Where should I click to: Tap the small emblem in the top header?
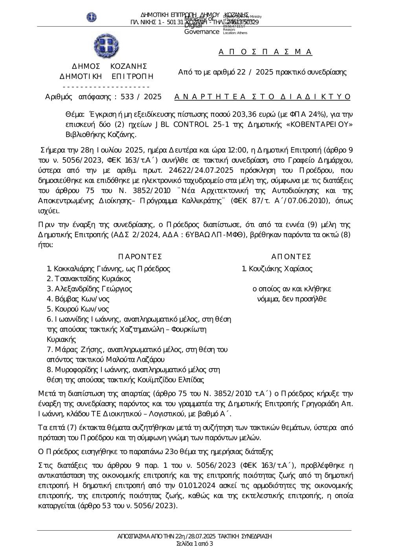coord(92,17)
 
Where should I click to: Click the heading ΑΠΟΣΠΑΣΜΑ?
coord(265,52)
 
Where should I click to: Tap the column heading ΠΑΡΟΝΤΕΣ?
coord(140,257)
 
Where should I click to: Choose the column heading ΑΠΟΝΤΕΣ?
coord(291,257)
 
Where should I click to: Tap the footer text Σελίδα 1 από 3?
coord(195,544)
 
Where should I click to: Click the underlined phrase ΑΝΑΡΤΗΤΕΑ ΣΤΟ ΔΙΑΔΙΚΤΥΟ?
coord(263,97)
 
